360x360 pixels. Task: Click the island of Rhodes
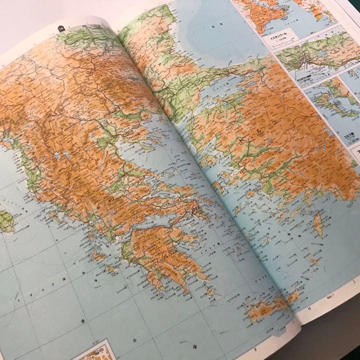click(318, 224)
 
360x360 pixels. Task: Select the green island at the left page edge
click(5, 221)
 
